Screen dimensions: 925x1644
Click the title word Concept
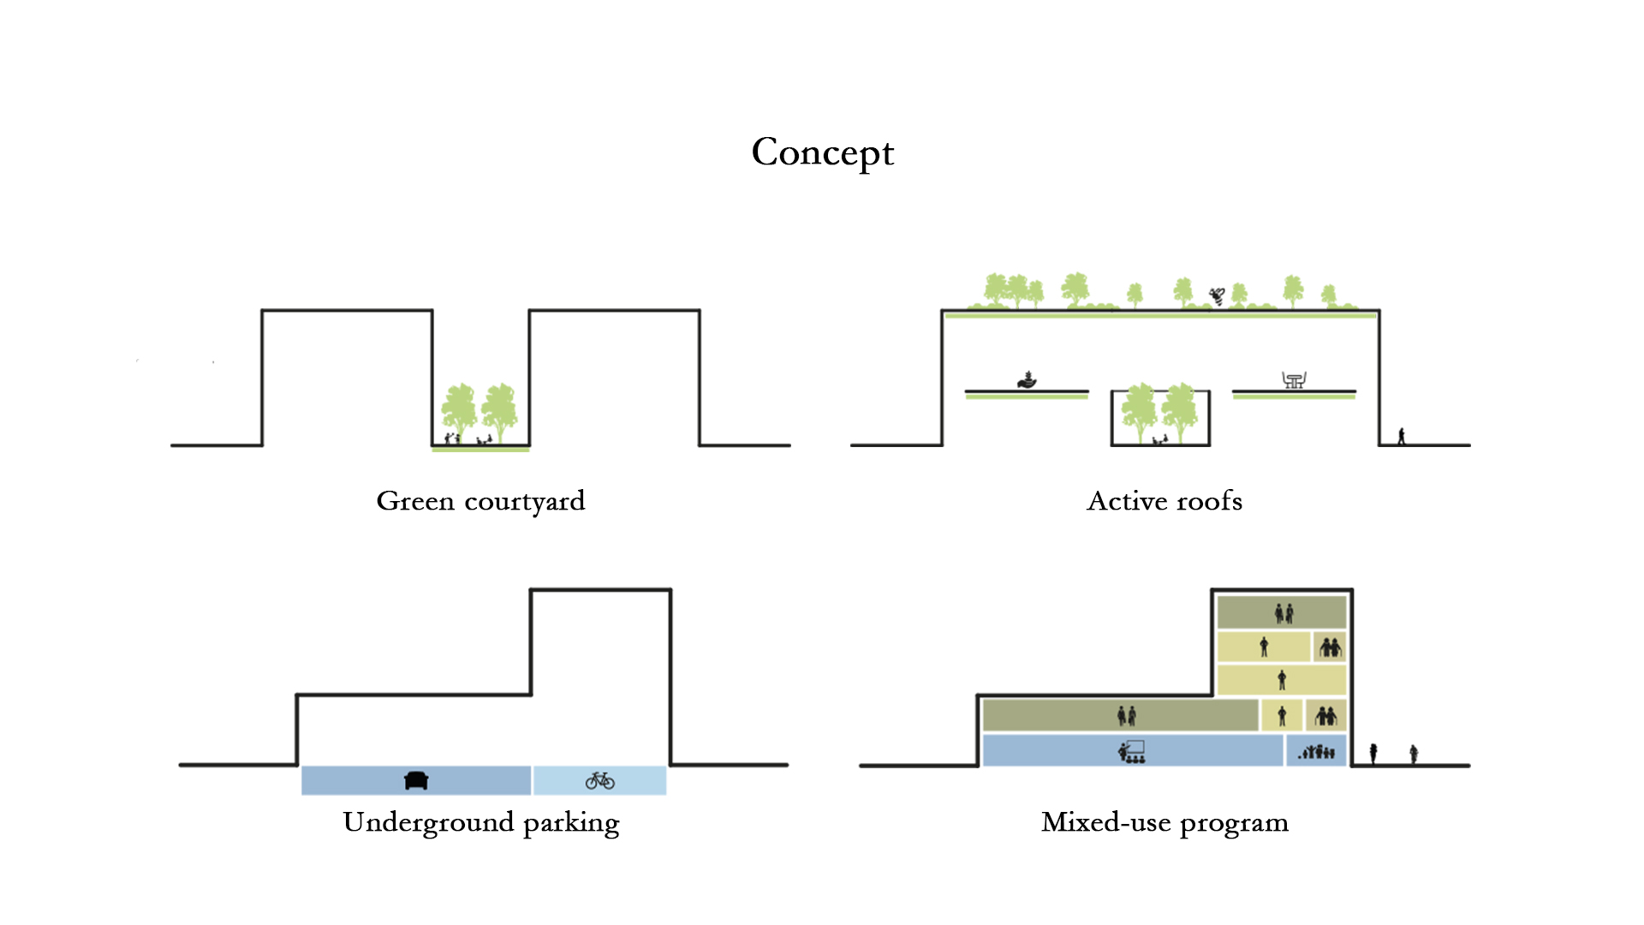pyautogui.click(x=822, y=153)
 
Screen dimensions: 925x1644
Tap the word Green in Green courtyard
pyautogui.click(x=415, y=501)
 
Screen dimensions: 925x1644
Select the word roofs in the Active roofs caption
pyautogui.click(x=1209, y=501)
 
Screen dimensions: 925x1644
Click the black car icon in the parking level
pyautogui.click(x=416, y=780)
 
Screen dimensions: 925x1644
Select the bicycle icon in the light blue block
pyautogui.click(x=600, y=780)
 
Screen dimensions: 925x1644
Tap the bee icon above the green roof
pyautogui.click(x=1217, y=296)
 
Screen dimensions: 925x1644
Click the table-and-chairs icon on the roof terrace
pyautogui.click(x=1294, y=379)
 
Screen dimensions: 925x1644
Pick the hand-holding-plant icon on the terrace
pyautogui.click(x=1027, y=379)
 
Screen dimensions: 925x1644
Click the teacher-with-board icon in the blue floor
pyautogui.click(x=1131, y=752)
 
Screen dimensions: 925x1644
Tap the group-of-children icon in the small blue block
pyautogui.click(x=1317, y=752)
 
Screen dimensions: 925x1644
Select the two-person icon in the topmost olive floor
pyautogui.click(x=1284, y=613)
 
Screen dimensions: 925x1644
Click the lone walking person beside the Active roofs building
pyautogui.click(x=1402, y=436)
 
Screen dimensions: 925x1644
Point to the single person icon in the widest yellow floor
pyautogui.click(x=1282, y=681)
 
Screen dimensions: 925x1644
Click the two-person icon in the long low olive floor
pyautogui.click(x=1127, y=715)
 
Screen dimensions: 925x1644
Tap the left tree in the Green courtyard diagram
pyautogui.click(x=459, y=411)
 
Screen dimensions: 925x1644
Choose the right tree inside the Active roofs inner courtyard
pyautogui.click(x=1180, y=412)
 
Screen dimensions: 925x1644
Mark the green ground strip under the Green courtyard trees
pyautogui.click(x=480, y=449)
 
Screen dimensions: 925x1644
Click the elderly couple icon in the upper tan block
pyautogui.click(x=1330, y=647)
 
